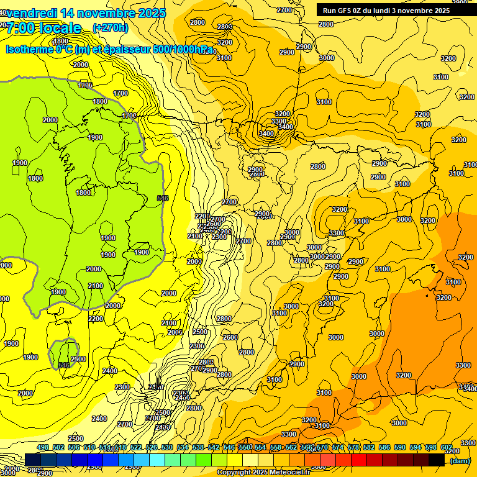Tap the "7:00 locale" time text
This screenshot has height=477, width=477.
tap(43, 28)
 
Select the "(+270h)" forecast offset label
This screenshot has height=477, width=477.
tap(110, 27)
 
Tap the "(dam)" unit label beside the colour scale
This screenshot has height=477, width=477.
tap(460, 460)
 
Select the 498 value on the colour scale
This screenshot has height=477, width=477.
tap(43, 447)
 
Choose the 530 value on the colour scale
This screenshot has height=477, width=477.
tap(167, 447)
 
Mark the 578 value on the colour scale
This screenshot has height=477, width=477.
tap(353, 447)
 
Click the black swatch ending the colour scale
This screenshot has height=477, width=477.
tap(437, 460)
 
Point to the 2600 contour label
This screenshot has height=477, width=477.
tap(230, 337)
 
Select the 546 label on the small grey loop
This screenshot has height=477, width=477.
tap(63, 365)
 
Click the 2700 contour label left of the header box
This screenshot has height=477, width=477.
tap(284, 10)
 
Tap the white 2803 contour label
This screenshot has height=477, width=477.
tap(225, 26)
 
